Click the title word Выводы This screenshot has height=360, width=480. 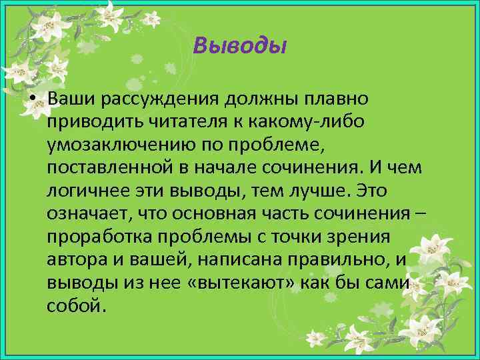(x=239, y=45)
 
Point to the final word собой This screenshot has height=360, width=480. (x=75, y=306)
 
